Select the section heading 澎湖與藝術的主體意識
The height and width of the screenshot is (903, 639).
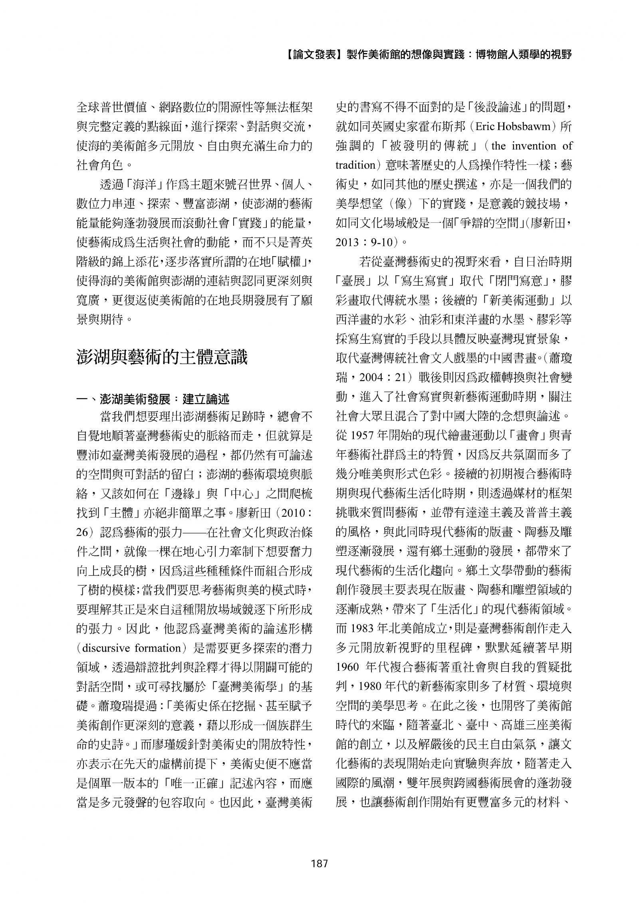tap(162, 357)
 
